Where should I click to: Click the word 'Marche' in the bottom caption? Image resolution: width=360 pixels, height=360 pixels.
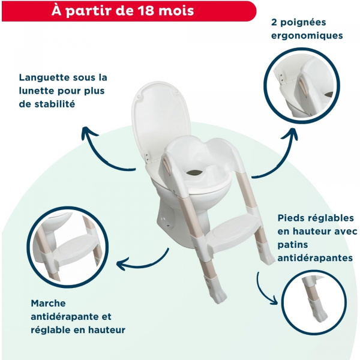click(x=47, y=304)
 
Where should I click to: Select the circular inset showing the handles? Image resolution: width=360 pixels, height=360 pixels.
click(x=306, y=83)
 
